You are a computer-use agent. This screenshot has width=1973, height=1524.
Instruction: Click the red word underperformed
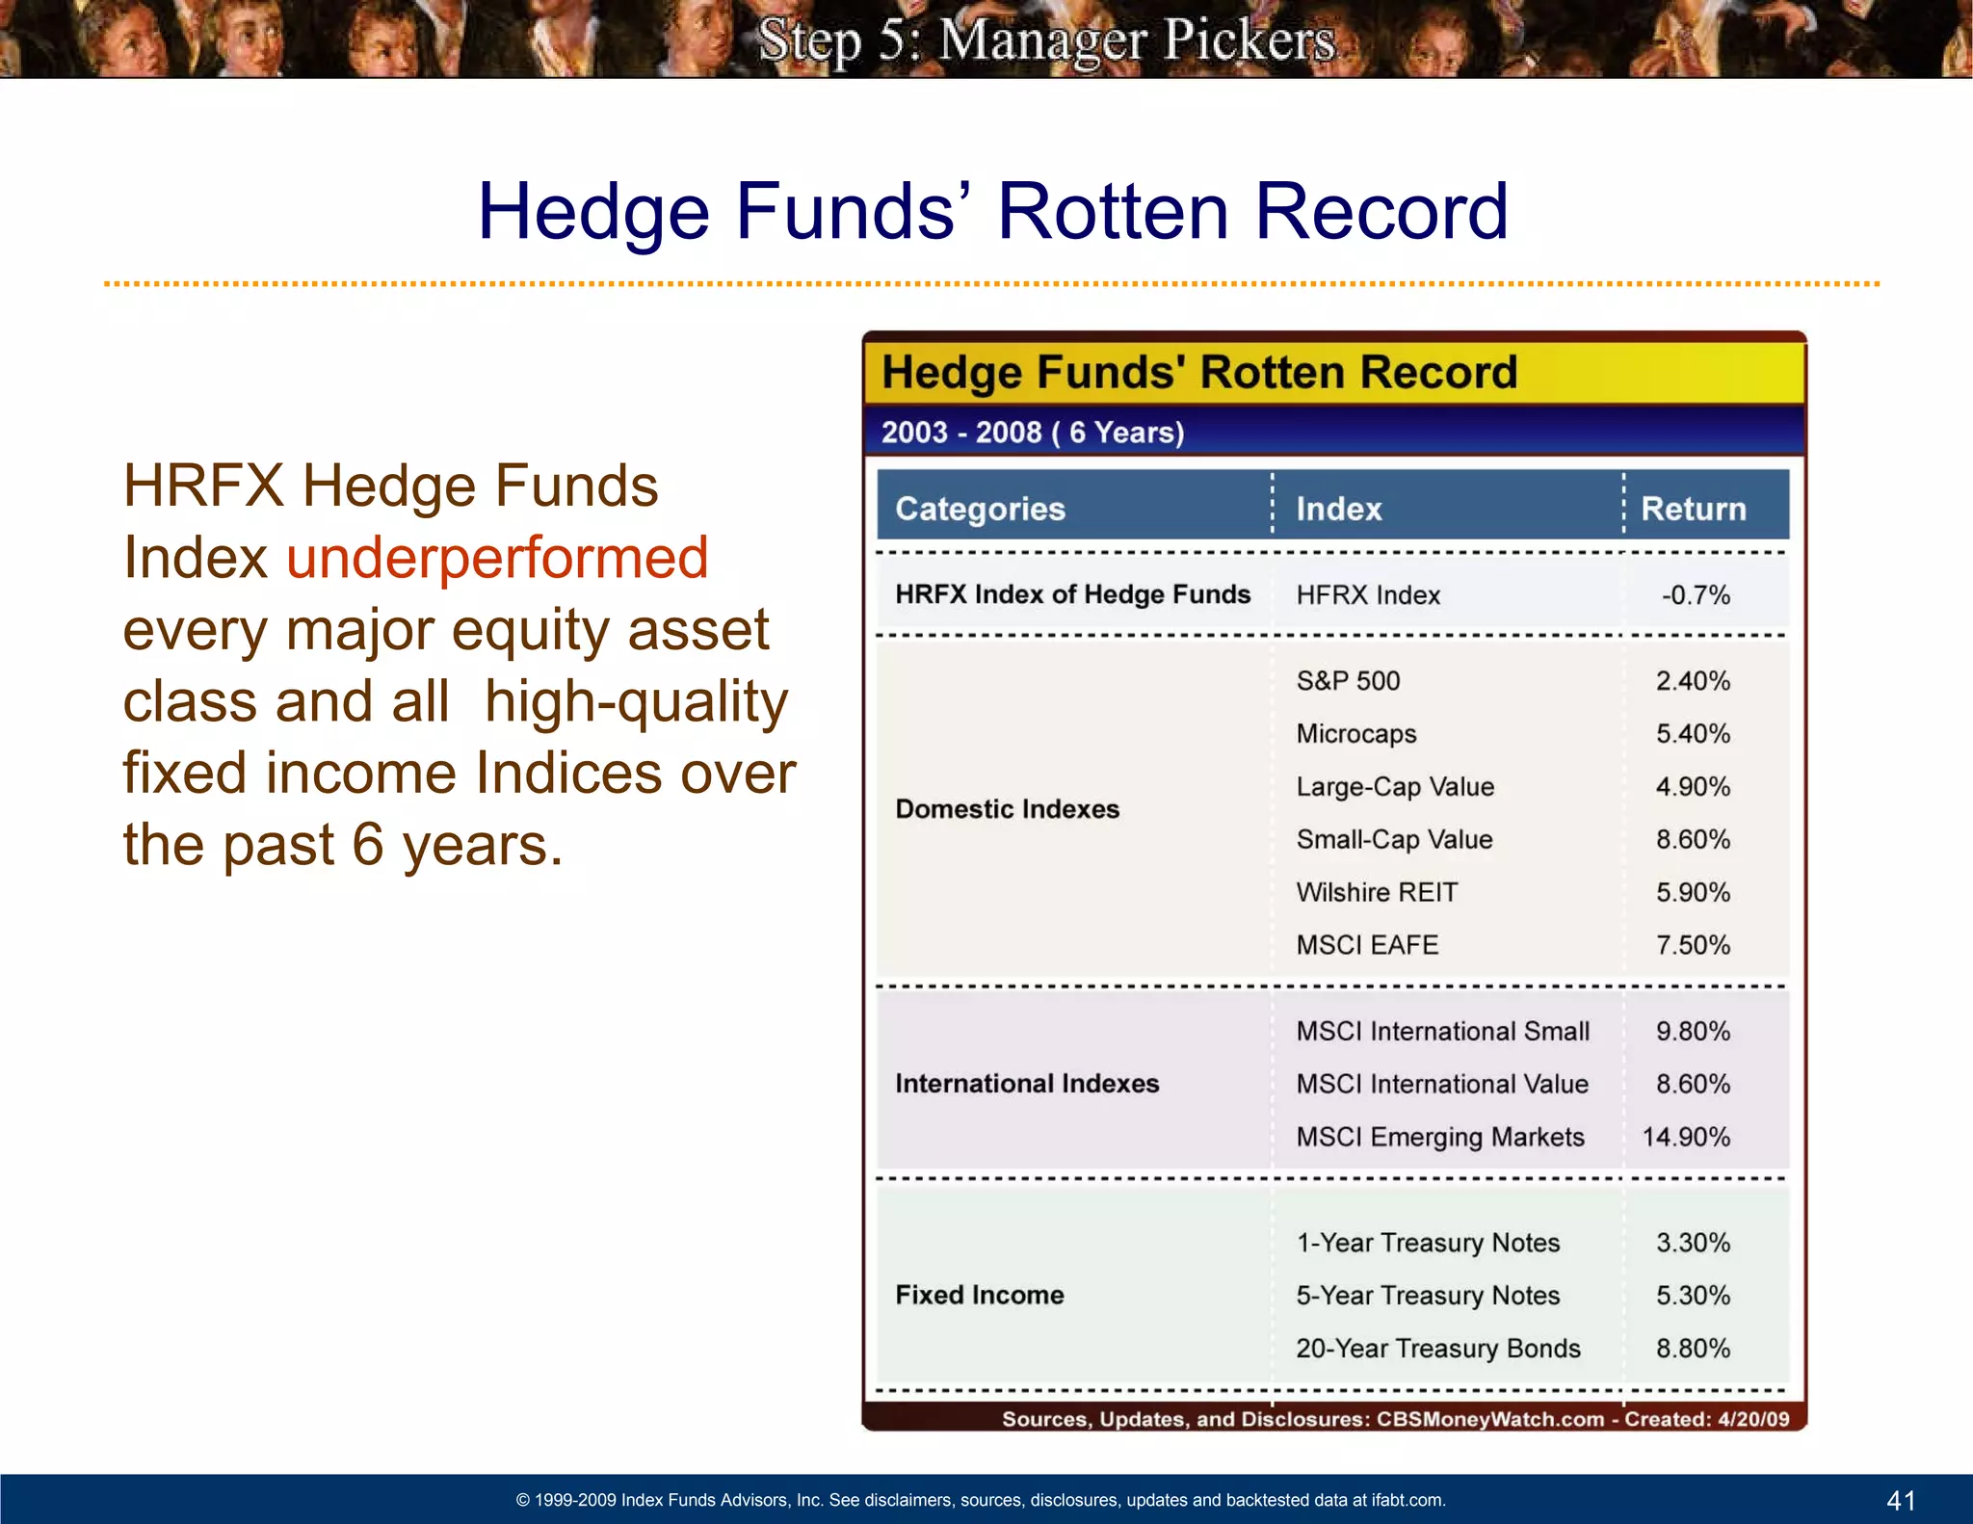point(497,558)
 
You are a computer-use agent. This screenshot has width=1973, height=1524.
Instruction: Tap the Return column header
point(1693,509)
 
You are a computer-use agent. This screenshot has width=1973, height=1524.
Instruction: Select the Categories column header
point(980,509)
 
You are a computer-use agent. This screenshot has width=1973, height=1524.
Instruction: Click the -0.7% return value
point(1695,595)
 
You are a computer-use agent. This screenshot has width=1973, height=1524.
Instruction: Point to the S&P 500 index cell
point(1348,681)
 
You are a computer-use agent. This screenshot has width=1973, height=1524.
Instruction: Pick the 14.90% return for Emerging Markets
point(1685,1137)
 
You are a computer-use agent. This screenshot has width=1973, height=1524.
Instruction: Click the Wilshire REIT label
point(1377,892)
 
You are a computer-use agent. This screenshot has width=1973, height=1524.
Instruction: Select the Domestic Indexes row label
point(1007,808)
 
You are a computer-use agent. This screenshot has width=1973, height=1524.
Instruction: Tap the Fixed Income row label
point(979,1295)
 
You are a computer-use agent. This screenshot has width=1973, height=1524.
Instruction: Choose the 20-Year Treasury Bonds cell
point(1437,1348)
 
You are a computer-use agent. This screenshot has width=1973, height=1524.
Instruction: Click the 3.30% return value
point(1693,1243)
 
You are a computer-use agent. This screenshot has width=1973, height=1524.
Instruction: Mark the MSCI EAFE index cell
point(1367,945)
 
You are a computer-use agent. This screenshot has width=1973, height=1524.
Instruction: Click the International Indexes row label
point(1027,1084)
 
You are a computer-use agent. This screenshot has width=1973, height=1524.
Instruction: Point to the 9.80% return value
point(1693,1032)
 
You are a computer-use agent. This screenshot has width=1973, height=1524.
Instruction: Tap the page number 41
point(1901,1500)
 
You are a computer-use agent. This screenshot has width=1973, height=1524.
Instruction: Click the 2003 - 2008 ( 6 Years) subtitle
point(1032,433)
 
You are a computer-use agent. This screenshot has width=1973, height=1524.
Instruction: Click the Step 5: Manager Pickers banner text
point(1046,40)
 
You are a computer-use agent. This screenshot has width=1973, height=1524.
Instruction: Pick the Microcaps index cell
point(1355,734)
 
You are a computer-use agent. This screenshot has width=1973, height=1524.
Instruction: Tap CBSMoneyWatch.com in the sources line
point(1489,1419)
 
